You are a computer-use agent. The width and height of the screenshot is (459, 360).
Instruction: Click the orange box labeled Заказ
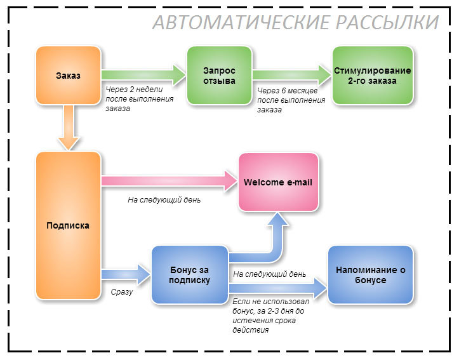click(68, 76)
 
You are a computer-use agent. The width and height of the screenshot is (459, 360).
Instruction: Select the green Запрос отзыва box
click(219, 76)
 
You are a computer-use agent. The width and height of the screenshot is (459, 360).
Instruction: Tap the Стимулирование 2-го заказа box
click(372, 76)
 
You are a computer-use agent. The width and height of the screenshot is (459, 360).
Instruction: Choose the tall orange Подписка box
click(68, 225)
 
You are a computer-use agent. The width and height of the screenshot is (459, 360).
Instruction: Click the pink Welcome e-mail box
click(278, 182)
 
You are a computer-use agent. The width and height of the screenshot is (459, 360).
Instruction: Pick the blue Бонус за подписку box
click(189, 275)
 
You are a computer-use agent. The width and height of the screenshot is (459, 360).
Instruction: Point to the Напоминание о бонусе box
click(371, 275)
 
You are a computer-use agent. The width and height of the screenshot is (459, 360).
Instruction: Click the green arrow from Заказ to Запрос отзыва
click(143, 74)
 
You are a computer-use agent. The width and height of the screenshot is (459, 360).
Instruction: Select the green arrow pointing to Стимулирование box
click(292, 74)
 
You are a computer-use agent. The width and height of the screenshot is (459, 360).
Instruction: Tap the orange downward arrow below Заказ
click(68, 127)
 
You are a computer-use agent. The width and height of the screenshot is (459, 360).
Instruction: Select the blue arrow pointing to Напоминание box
click(279, 290)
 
